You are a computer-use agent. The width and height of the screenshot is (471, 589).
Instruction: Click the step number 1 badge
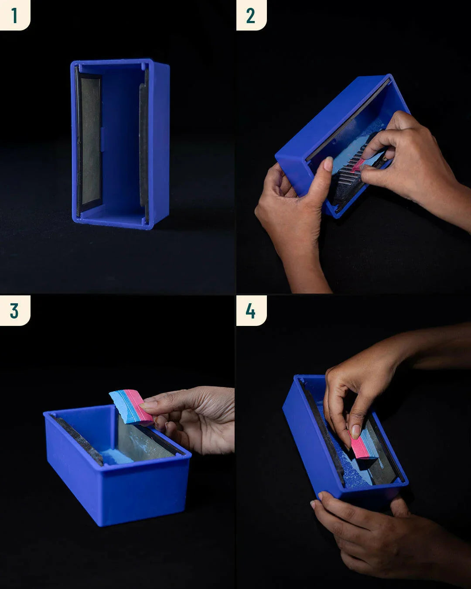pos(14,15)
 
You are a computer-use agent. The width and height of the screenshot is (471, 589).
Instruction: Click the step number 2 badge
pos(251,15)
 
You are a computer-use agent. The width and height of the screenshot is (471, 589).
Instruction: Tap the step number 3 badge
pos(14,311)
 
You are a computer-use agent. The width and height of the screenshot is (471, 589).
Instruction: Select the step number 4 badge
pos(251,311)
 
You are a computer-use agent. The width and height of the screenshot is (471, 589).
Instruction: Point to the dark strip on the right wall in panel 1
pos(143,144)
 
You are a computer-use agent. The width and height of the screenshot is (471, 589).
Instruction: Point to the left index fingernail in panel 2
pos(328,164)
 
